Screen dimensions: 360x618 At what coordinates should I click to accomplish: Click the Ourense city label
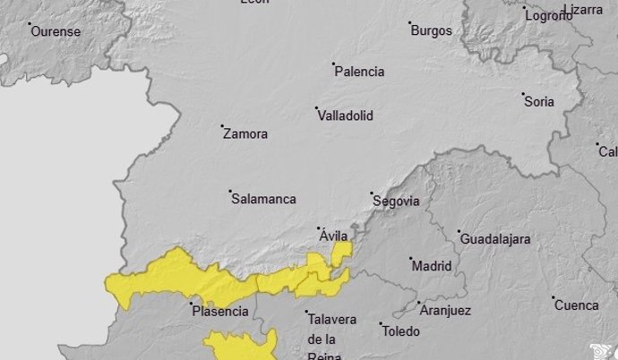(x=56, y=31)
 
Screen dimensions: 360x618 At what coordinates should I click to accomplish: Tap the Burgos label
(x=431, y=30)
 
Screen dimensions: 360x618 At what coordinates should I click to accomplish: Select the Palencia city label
(x=359, y=72)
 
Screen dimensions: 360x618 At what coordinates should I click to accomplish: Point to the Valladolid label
(x=345, y=116)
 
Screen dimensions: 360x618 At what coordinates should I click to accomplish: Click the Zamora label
(x=245, y=134)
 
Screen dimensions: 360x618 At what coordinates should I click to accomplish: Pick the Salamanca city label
(x=263, y=200)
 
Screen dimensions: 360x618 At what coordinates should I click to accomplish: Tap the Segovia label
(x=394, y=201)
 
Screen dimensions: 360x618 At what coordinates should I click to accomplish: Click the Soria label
(x=539, y=101)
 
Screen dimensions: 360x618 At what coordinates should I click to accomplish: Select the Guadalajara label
(x=494, y=239)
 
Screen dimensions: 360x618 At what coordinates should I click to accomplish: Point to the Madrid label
(x=431, y=266)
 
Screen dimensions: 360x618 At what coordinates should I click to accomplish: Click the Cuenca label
(x=576, y=305)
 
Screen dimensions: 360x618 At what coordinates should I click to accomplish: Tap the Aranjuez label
(x=444, y=311)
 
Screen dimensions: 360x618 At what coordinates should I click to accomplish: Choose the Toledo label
(x=400, y=331)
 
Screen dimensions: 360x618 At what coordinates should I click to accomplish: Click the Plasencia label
(x=219, y=312)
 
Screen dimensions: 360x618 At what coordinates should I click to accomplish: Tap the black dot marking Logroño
(x=525, y=8)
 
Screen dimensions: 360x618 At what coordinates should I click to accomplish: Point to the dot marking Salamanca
(x=230, y=192)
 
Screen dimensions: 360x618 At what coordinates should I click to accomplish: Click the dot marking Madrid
(x=409, y=259)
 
